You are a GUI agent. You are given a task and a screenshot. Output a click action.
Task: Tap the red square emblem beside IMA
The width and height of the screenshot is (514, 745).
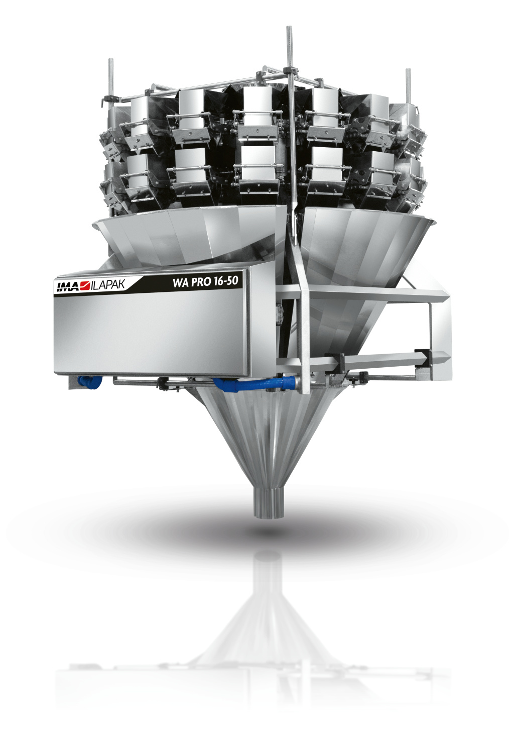(84, 286)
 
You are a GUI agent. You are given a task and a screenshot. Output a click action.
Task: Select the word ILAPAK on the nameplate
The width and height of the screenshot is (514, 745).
(107, 285)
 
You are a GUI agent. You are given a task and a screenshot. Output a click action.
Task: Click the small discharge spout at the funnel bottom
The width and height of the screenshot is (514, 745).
(268, 502)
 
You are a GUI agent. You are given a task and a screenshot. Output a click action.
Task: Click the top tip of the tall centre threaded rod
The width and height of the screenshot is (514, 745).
(290, 29)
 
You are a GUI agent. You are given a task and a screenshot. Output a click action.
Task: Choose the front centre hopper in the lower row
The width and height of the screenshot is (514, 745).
(259, 168)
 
